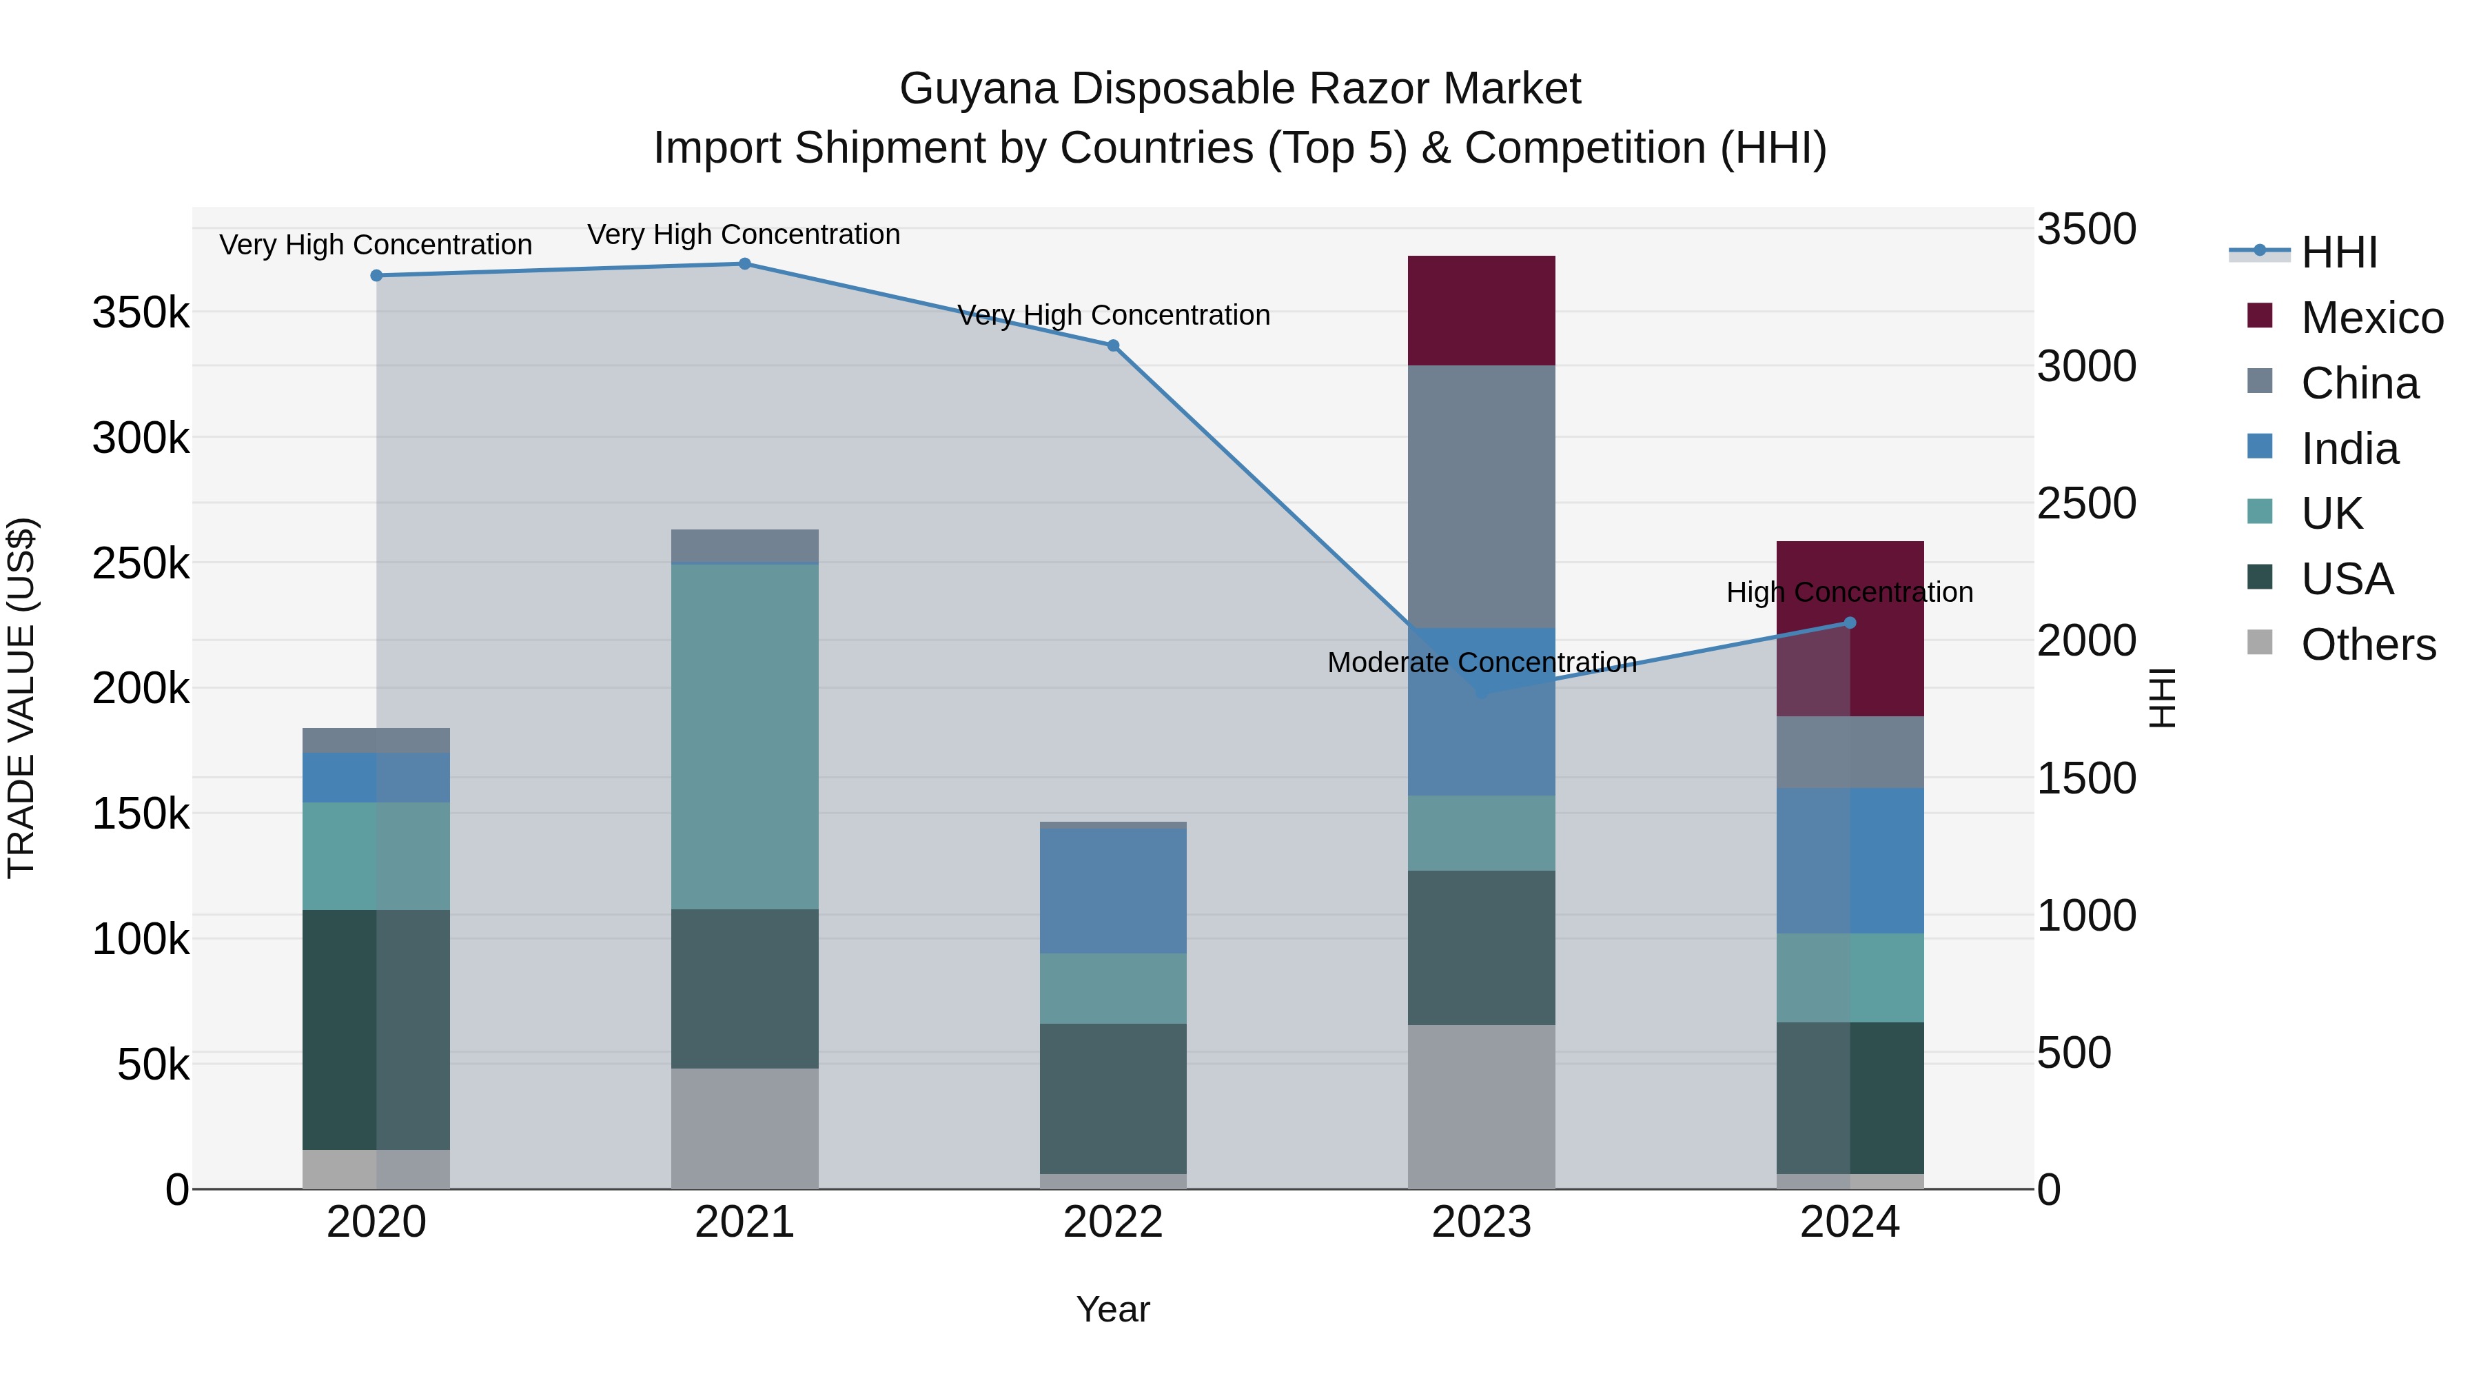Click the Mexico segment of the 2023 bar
coord(1481,310)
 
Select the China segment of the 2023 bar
coord(1481,496)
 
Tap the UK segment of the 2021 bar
coord(744,737)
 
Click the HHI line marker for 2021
coord(744,264)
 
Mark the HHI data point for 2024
coord(1849,623)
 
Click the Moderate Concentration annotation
coord(1481,662)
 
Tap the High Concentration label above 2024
coord(1849,591)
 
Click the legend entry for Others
coord(2367,645)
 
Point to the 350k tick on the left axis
coord(141,313)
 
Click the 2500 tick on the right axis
coord(2086,504)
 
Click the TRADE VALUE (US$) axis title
coord(21,698)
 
